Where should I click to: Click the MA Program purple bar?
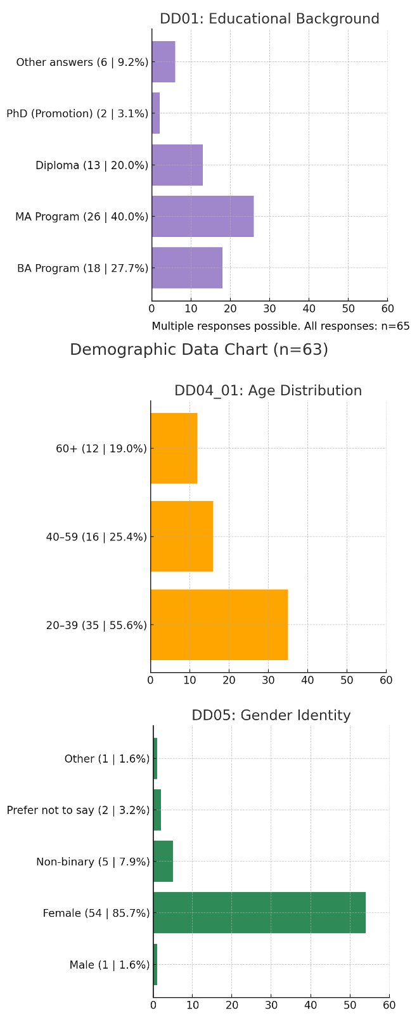pyautogui.click(x=203, y=217)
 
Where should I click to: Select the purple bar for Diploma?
pyautogui.click(x=177, y=165)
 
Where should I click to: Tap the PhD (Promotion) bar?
pyautogui.click(x=156, y=113)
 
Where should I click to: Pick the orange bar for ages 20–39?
pyautogui.click(x=219, y=625)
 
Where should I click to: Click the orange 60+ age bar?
pyautogui.click(x=174, y=449)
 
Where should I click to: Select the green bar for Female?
pyautogui.click(x=259, y=913)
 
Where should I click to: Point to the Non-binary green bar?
pyautogui.click(x=163, y=862)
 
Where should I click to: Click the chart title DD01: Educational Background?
pyautogui.click(x=269, y=19)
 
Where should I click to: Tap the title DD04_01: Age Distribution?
pyautogui.click(x=268, y=391)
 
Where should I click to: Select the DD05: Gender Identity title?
pyautogui.click(x=271, y=716)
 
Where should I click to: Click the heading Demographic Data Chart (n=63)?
pyautogui.click(x=199, y=350)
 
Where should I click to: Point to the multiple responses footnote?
pyautogui.click(x=281, y=327)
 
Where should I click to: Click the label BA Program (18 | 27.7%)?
pyautogui.click(x=83, y=268)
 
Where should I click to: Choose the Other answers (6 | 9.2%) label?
pyautogui.click(x=82, y=62)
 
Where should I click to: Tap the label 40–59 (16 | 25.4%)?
pyautogui.click(x=96, y=537)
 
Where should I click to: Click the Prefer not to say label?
pyautogui.click(x=79, y=810)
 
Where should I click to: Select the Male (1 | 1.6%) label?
pyautogui.click(x=110, y=965)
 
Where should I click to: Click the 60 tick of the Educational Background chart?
pyautogui.click(x=387, y=309)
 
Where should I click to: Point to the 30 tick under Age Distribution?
pyautogui.click(x=268, y=680)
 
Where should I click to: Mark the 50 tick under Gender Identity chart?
pyautogui.click(x=350, y=1005)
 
